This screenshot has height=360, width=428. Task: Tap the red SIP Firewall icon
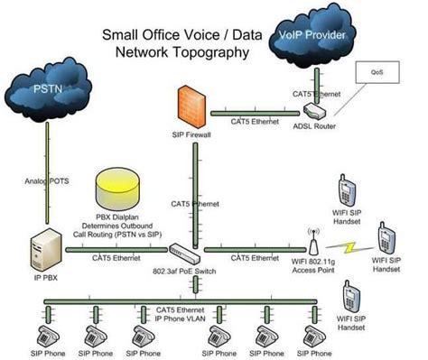click(189, 107)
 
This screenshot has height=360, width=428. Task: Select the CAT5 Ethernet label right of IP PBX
click(116, 258)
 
